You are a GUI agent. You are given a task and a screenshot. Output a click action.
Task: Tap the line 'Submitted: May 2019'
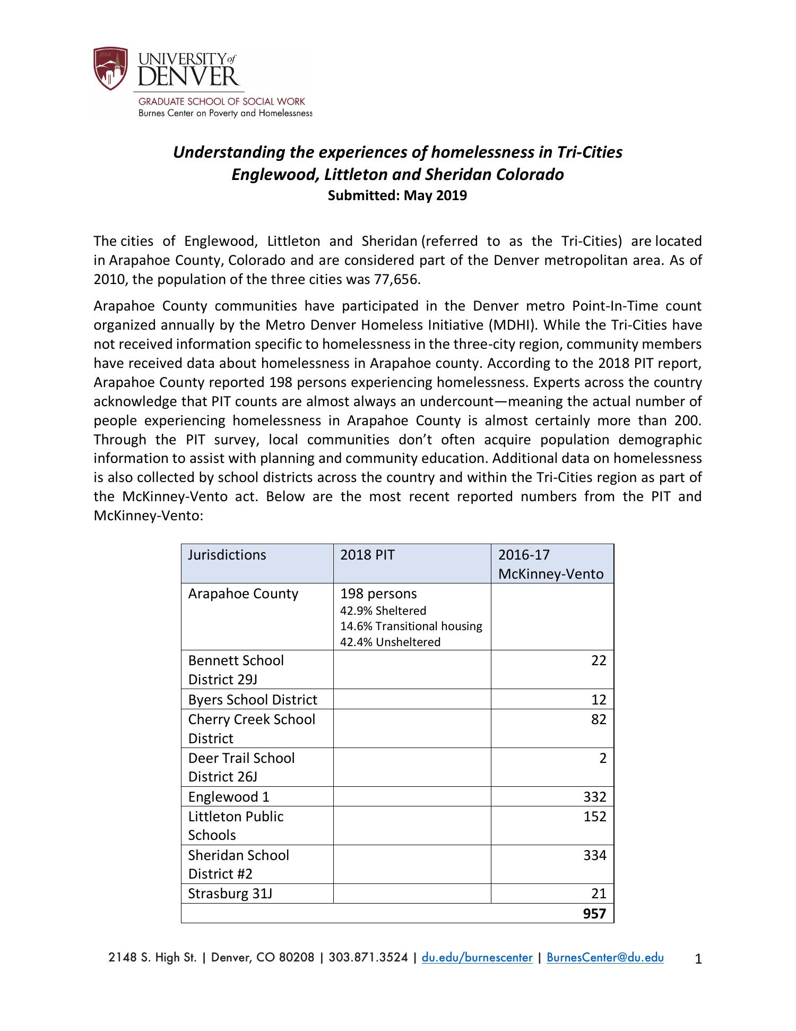(397, 195)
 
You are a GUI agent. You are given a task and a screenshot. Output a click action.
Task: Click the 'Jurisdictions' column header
(227, 555)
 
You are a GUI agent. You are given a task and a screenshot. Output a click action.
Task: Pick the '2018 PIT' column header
(367, 555)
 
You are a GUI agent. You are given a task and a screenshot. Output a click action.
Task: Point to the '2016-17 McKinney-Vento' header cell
(551, 564)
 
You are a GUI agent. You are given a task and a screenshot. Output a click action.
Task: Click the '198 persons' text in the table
(378, 594)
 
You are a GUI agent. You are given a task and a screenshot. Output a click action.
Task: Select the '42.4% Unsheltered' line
(390, 642)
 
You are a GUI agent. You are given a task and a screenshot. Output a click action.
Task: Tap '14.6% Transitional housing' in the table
(411, 626)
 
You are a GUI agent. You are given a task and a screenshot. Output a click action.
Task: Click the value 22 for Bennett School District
(598, 660)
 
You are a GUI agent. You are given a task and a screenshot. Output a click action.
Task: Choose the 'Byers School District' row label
(253, 700)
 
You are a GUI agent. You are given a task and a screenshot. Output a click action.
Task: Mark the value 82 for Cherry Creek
(598, 719)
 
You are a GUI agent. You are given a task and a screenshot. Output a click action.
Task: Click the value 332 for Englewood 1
(594, 797)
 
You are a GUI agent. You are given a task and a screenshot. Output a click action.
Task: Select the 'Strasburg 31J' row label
(230, 893)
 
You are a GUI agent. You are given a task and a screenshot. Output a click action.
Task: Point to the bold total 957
(594, 914)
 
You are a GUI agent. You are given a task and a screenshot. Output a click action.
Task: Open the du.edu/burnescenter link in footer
(477, 957)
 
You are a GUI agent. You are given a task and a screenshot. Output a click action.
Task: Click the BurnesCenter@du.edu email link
(605, 957)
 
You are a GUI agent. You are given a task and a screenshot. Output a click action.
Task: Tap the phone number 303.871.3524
(368, 957)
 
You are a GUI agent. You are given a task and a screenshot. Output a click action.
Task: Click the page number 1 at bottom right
(698, 959)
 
